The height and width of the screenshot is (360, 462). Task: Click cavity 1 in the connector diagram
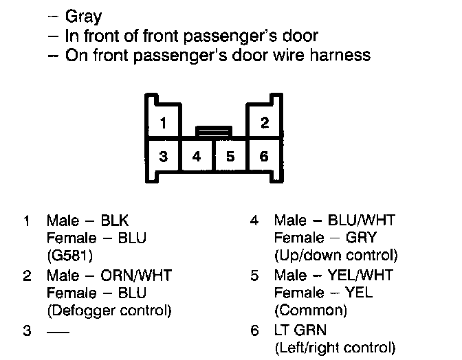[163, 124]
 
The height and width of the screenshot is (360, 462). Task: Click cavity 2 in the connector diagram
[265, 124]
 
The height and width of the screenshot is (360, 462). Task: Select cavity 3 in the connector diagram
[163, 156]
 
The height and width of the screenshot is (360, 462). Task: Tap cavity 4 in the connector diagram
[197, 156]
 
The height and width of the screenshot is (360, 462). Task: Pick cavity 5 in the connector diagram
[231, 156]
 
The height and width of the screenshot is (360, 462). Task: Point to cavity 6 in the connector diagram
[265, 156]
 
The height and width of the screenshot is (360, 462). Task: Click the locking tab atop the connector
[214, 130]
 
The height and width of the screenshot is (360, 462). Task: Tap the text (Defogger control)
[109, 311]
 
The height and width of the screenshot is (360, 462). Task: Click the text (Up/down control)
[335, 256]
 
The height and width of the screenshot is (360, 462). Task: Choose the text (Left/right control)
[335, 347]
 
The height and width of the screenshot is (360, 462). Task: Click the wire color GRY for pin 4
[362, 238]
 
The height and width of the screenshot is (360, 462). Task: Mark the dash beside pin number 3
[57, 330]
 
